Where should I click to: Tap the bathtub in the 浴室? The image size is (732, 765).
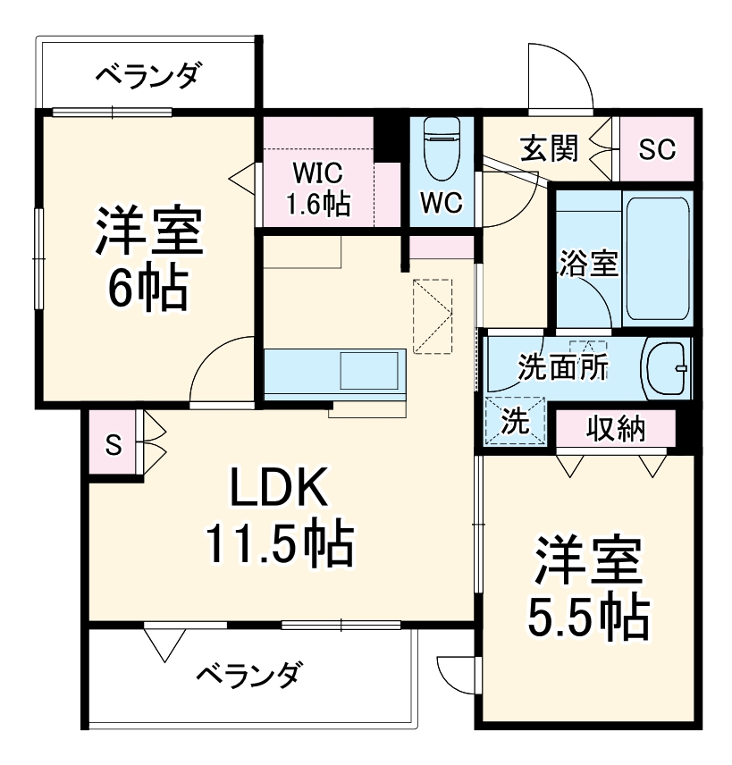[657, 259]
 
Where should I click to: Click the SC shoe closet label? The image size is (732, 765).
[657, 149]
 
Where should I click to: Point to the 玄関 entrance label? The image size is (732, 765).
[550, 148]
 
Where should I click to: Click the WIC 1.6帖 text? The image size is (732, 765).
[317, 189]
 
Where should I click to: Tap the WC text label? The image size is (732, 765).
[442, 204]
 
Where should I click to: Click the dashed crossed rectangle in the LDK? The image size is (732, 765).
[433, 316]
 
